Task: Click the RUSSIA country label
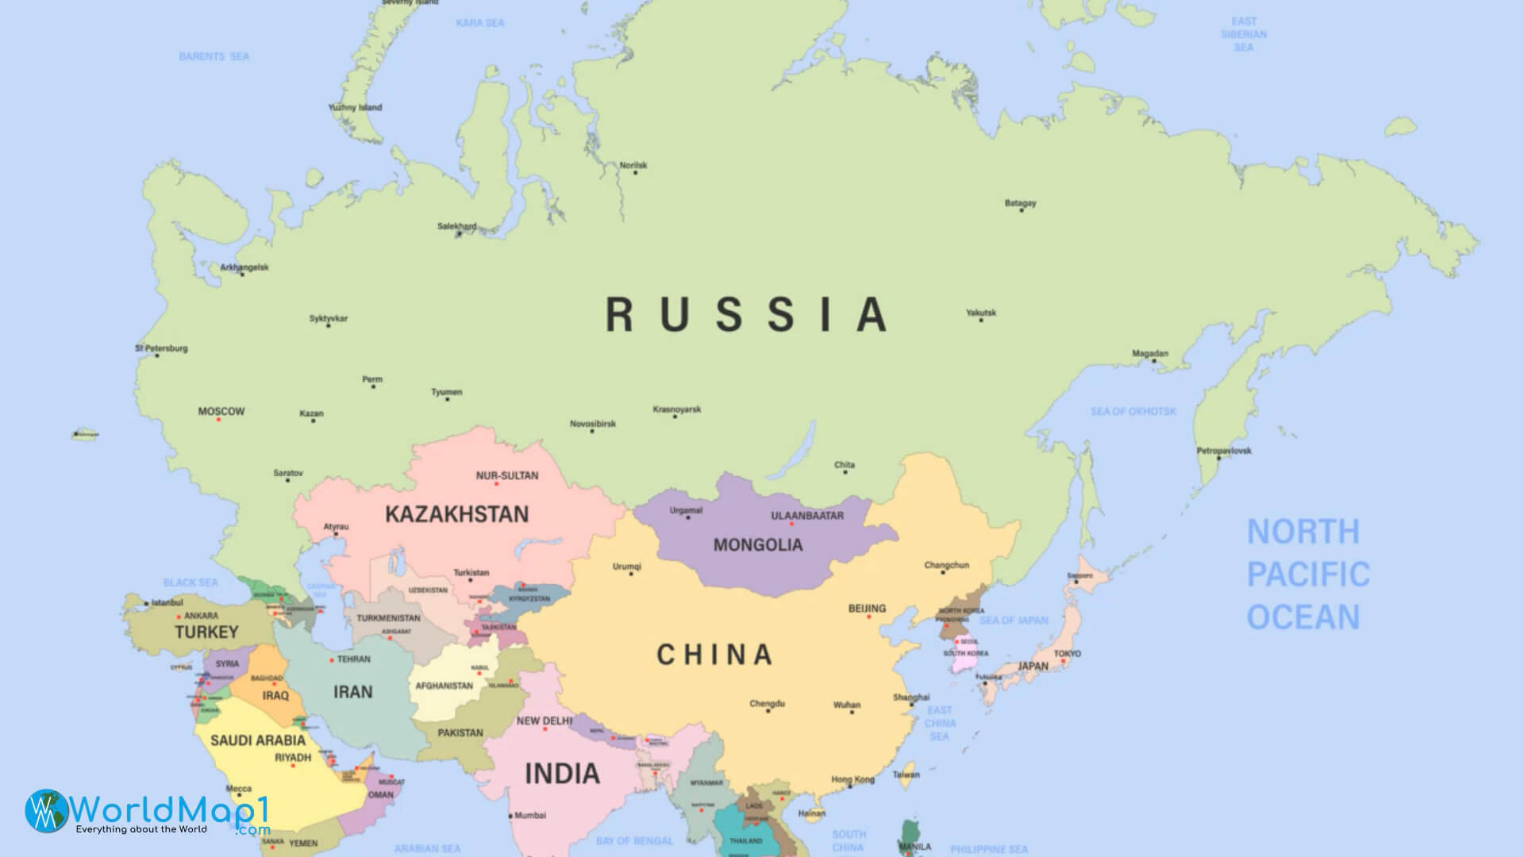(x=746, y=314)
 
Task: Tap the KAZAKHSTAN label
(x=456, y=514)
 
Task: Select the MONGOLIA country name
(x=757, y=545)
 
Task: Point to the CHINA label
(x=714, y=655)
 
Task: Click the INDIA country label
(x=562, y=774)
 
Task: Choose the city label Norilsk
(x=633, y=165)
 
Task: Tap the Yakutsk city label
(x=981, y=313)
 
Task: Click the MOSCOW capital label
(x=221, y=411)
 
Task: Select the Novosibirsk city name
(x=593, y=424)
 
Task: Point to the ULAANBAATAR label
(x=807, y=516)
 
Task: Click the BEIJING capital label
(x=867, y=609)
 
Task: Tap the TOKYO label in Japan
(x=1067, y=654)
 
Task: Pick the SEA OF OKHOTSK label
(x=1133, y=411)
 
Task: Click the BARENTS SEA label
(x=214, y=56)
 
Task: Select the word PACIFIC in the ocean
(x=1308, y=575)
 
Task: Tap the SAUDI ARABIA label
(x=257, y=740)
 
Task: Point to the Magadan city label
(x=1150, y=353)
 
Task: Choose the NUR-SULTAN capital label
(x=507, y=475)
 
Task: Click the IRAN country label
(x=353, y=692)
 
